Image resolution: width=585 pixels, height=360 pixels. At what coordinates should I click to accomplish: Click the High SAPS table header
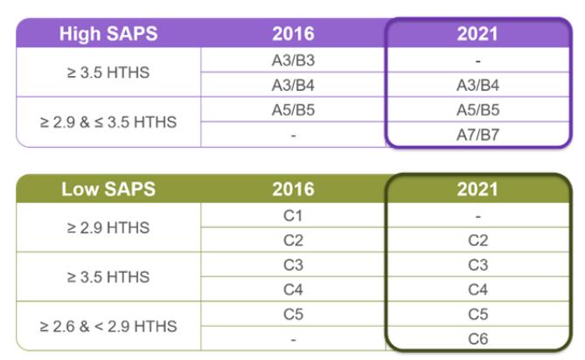pos(108,34)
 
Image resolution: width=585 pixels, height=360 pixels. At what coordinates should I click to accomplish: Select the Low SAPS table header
pos(108,188)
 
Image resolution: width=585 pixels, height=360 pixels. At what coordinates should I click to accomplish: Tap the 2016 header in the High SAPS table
pos(293,34)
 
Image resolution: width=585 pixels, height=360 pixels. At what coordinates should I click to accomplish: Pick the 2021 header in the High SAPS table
pos(477,34)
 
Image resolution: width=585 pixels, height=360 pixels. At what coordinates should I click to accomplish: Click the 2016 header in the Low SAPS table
pos(293,188)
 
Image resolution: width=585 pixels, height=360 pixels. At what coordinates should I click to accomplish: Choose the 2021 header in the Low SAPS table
pos(477,189)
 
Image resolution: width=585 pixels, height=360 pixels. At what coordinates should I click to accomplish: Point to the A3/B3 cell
pos(293,61)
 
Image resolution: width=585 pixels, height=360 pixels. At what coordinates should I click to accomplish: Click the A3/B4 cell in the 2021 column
pos(477,86)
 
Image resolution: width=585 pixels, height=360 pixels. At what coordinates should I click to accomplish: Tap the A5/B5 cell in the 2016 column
pos(293,110)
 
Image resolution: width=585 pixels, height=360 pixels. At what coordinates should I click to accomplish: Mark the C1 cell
pos(293,216)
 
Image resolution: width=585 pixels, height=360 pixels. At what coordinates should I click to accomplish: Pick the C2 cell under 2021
pos(477,240)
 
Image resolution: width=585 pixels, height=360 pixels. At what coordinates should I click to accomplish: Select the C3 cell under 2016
pos(293,265)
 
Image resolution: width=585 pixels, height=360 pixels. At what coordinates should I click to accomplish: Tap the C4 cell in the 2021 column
pos(477,289)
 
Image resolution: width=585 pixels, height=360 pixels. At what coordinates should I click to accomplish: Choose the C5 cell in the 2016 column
pos(293,313)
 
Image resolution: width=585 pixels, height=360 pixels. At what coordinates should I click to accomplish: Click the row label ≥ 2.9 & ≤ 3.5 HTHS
pos(108,122)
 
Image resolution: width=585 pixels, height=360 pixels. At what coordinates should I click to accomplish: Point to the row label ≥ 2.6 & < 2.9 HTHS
pos(108,326)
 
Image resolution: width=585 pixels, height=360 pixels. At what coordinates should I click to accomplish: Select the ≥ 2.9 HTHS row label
pos(108,228)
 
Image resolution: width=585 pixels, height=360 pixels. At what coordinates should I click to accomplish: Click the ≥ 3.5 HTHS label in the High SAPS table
pos(108,73)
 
